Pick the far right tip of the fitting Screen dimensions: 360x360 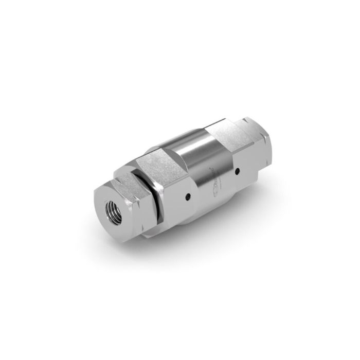(267, 139)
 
